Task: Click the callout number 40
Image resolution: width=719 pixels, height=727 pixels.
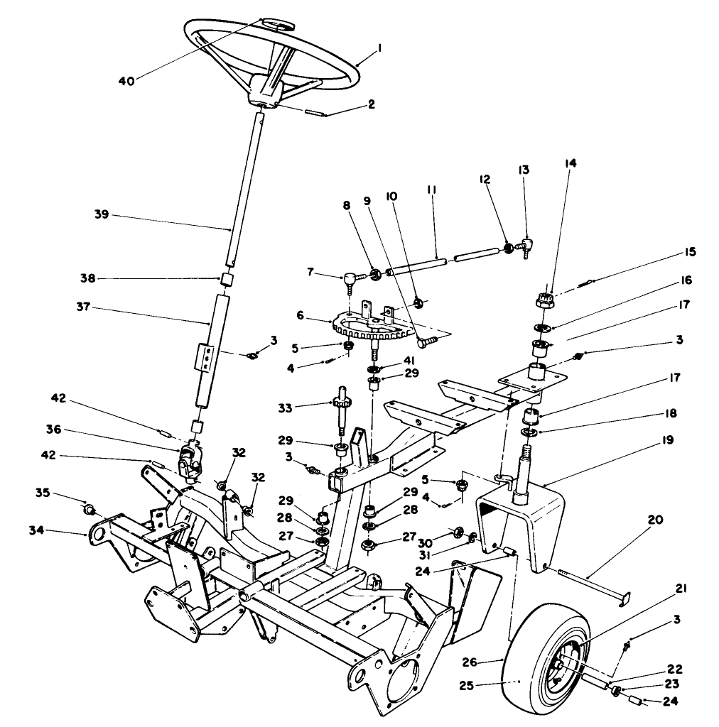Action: [126, 80]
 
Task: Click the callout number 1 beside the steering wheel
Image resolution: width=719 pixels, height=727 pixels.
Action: [380, 48]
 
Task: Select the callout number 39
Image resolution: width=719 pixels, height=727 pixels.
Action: [102, 215]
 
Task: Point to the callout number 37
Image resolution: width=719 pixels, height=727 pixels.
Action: [102, 309]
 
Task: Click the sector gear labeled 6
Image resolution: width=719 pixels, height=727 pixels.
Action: [362, 329]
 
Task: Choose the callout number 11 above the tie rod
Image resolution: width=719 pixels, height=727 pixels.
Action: [431, 191]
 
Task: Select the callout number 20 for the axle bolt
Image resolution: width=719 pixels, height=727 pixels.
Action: [654, 520]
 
